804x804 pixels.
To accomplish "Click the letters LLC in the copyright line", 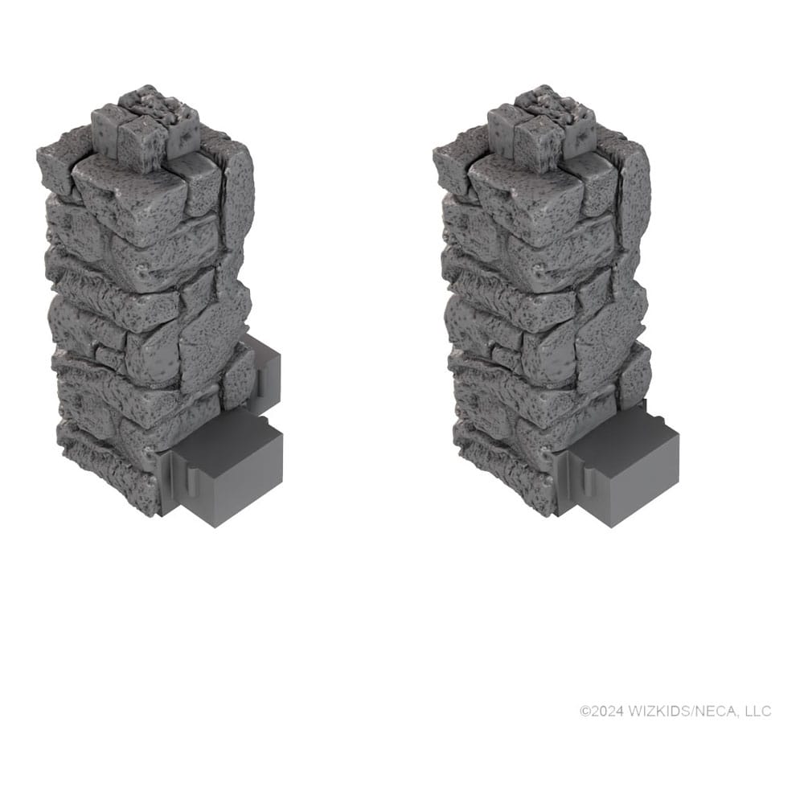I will point(757,711).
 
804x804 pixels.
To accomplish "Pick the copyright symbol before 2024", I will point(585,711).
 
